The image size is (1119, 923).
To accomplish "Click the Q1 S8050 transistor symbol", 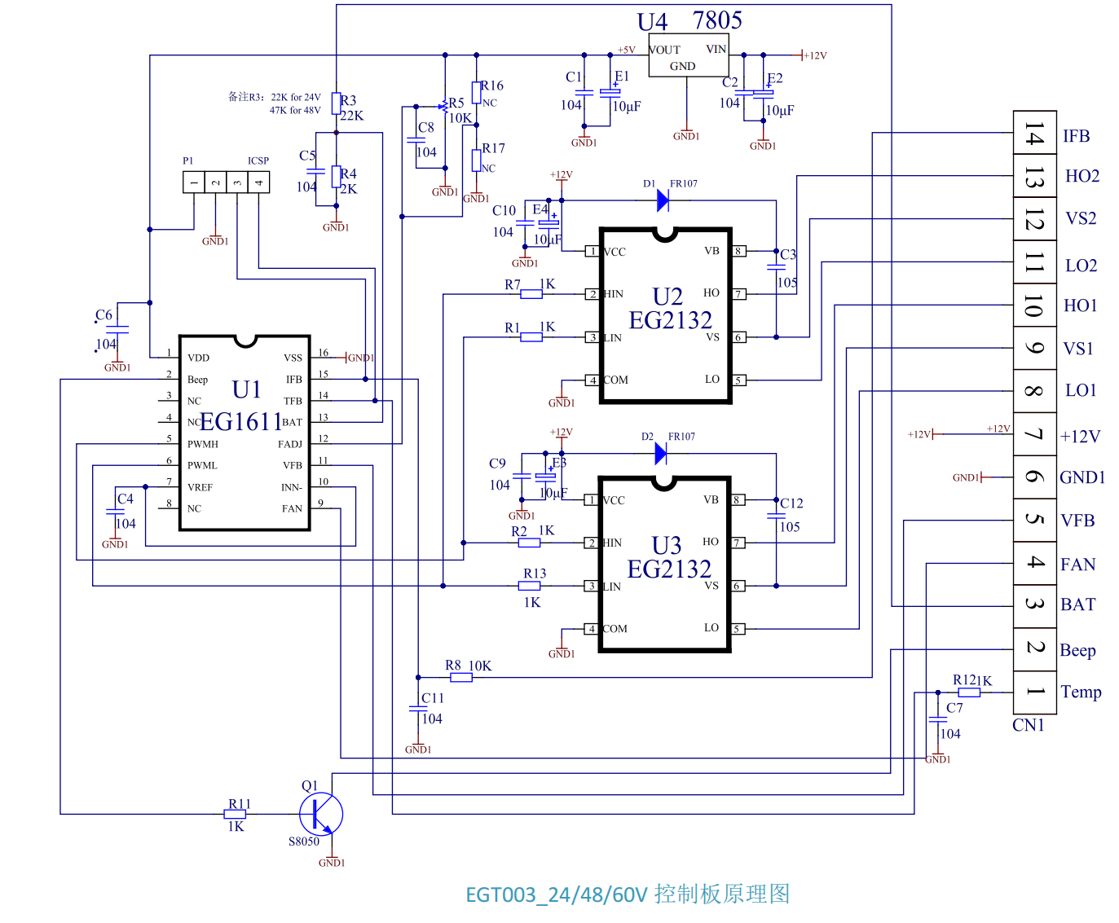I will tap(320, 814).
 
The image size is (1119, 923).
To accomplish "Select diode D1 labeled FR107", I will tap(663, 200).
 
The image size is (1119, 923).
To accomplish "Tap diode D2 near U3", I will tap(661, 454).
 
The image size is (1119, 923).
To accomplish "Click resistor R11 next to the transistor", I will tap(235, 814).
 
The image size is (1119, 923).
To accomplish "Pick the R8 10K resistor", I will tap(461, 677).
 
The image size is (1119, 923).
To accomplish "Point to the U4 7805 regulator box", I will tap(687, 56).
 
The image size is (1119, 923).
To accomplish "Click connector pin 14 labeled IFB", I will tap(1034, 134).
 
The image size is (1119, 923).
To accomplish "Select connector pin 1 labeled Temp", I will tap(1034, 692).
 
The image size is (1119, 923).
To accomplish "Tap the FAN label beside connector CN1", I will tap(1077, 565).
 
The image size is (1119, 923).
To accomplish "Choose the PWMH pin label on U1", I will tap(203, 444).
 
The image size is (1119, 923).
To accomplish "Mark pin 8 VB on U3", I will tap(738, 500).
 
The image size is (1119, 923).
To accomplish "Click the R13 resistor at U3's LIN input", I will tap(530, 586).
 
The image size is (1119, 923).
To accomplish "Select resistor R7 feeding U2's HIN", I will tap(531, 294).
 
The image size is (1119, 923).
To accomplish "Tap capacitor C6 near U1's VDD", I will tap(118, 329).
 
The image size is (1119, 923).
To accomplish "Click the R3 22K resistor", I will tap(336, 103).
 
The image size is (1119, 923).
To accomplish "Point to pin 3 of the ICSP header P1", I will tap(237, 182).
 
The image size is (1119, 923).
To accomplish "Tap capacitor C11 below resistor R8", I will tap(418, 709).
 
